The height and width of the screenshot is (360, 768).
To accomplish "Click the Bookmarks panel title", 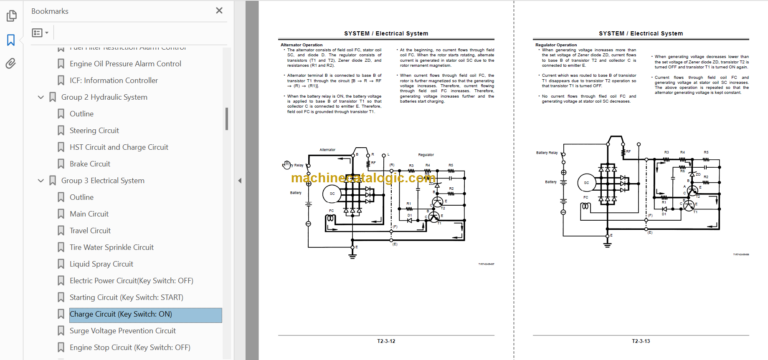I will tap(51, 10).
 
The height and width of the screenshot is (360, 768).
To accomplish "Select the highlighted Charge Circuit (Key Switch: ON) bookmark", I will tap(121, 314).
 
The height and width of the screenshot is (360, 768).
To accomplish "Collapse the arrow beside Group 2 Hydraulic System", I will tap(40, 97).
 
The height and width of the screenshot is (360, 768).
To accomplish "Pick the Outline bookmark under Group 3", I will tap(82, 197).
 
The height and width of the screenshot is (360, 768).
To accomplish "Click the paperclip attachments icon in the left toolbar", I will tap(11, 62).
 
